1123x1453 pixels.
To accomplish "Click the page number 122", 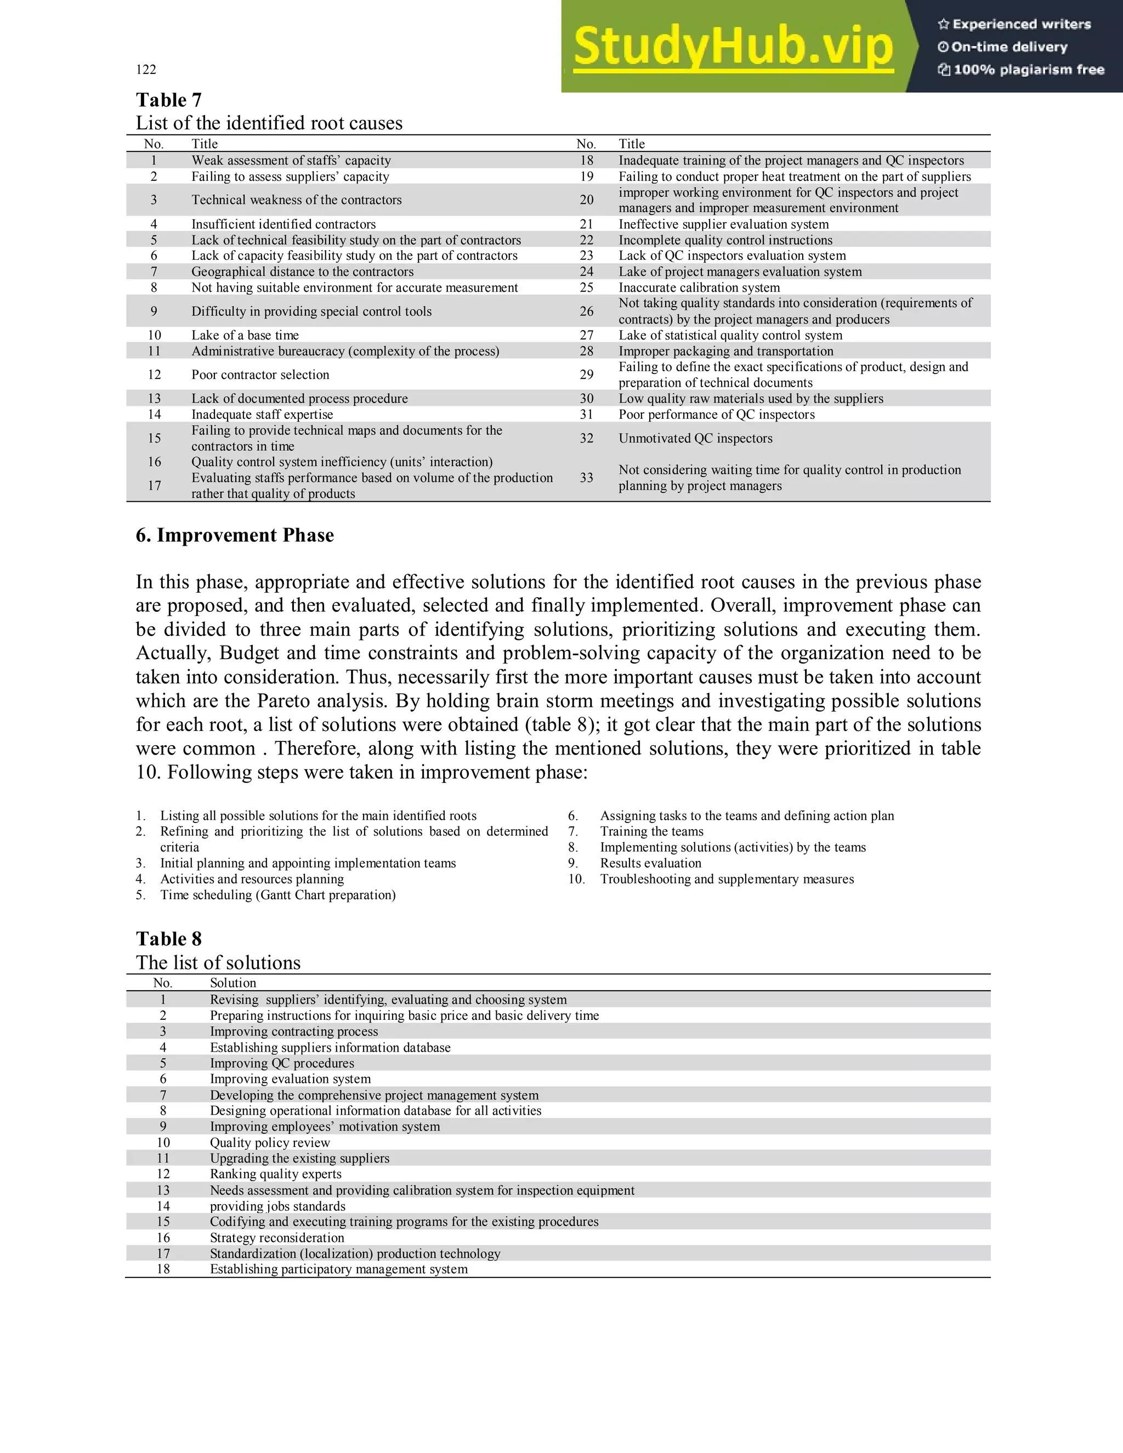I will click(x=146, y=69).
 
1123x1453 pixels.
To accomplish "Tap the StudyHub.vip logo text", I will click(x=733, y=47).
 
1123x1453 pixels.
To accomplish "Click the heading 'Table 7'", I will click(x=168, y=100).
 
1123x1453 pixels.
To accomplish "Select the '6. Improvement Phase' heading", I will click(x=234, y=535).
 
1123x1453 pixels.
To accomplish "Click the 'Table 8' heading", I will click(x=168, y=939).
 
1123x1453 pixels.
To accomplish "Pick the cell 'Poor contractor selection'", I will click(x=260, y=374).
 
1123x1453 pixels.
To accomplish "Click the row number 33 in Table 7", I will click(x=586, y=478).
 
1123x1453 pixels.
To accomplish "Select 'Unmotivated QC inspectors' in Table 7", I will click(x=695, y=439).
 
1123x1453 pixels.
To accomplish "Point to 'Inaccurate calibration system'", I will click(x=699, y=287).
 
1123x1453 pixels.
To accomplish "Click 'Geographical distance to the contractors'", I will click(x=302, y=271).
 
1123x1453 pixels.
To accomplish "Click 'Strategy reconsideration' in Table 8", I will click(x=277, y=1238).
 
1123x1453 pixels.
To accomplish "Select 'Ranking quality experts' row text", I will click(x=275, y=1174).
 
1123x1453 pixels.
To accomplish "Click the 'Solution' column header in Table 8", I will click(x=233, y=983).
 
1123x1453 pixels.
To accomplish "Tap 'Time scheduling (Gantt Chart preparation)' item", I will click(x=277, y=895).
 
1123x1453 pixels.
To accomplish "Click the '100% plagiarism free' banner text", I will click(x=1028, y=70).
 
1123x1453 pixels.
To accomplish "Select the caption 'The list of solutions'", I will click(x=218, y=963).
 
